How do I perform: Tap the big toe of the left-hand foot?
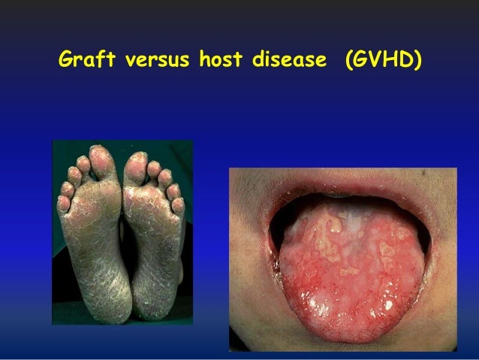pos(100,157)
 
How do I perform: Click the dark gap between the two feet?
pos(120,248)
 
